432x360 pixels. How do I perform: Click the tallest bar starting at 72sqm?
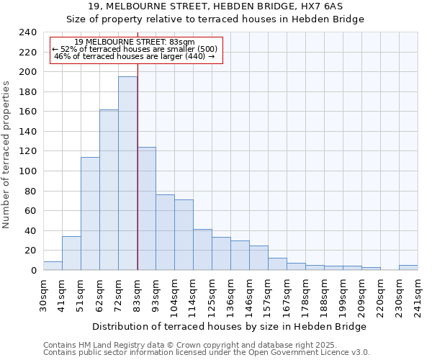[127, 174]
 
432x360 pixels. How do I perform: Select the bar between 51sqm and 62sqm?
[90, 214]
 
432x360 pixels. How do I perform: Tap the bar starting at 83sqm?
[146, 209]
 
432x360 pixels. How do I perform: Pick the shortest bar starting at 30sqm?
[53, 266]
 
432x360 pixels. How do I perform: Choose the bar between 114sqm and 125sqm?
[202, 250]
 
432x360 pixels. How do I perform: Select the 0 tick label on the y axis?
[34, 271]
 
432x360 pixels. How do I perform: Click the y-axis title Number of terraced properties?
[6, 154]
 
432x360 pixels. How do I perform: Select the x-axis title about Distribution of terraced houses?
[230, 326]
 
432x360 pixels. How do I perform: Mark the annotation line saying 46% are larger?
[134, 56]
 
